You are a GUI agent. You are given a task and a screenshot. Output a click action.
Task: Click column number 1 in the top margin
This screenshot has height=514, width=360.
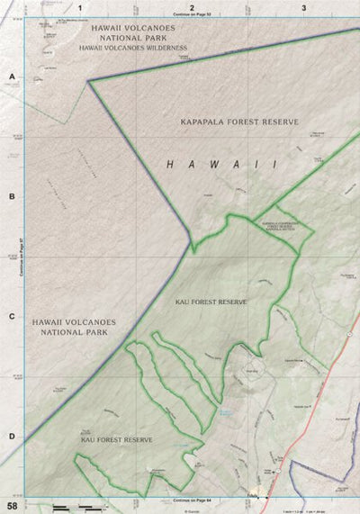(80, 7)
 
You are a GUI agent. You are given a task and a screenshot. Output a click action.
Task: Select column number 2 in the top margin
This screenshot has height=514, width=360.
(192, 7)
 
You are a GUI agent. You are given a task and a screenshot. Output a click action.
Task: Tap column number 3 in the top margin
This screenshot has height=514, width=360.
(304, 7)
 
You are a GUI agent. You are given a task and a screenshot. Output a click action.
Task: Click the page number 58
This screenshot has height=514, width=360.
(11, 507)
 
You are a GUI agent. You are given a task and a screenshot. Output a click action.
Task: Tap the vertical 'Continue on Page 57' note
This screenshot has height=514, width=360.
(21, 257)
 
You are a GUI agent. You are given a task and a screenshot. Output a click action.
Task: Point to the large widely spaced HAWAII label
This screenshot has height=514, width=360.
(220, 164)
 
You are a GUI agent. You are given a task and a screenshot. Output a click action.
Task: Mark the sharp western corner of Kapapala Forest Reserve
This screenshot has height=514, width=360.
(88, 81)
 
